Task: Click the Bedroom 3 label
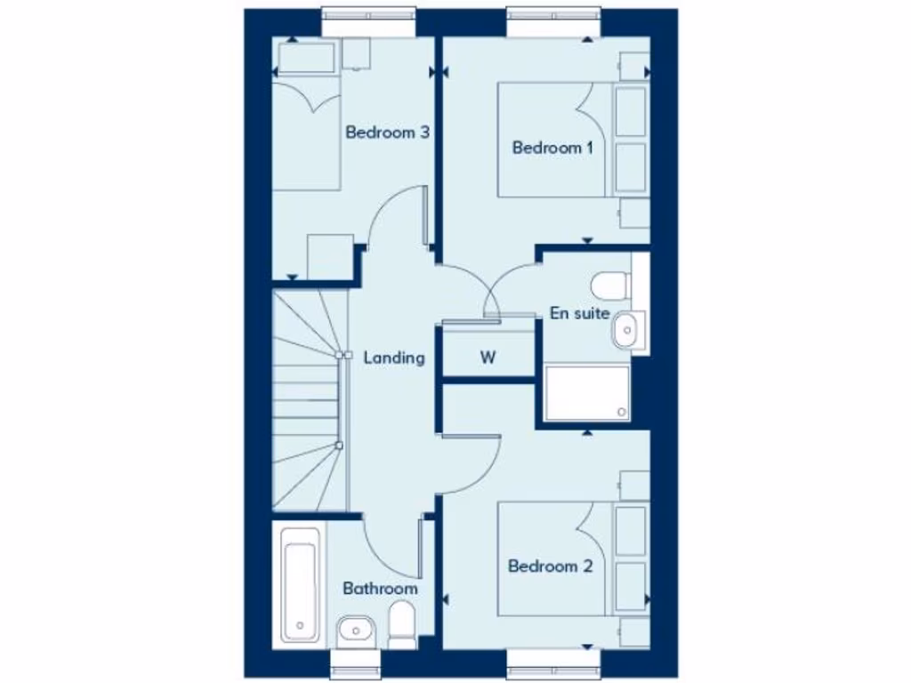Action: [388, 133]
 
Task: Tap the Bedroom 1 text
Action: [552, 148]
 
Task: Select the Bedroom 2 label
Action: [550, 566]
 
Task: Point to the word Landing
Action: [393, 358]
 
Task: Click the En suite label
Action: [579, 313]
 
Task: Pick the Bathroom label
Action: [380, 589]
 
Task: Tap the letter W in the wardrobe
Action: [488, 358]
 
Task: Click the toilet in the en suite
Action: [610, 285]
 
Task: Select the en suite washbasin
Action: [625, 330]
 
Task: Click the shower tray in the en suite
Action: [587, 392]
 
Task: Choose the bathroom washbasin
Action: [356, 631]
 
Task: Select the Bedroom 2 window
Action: [552, 662]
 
